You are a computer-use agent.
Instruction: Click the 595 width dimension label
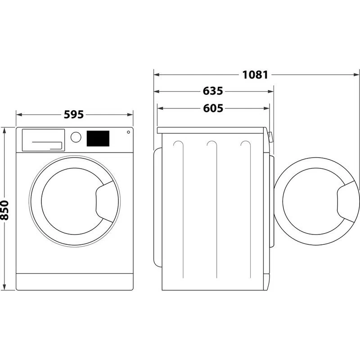pyautogui.click(x=74, y=115)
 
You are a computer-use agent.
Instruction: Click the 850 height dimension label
pyautogui.click(x=5, y=210)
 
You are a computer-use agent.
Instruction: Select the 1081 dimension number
pyautogui.click(x=255, y=75)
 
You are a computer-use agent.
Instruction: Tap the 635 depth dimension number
pyautogui.click(x=213, y=91)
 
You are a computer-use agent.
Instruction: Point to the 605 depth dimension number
pyautogui.click(x=213, y=108)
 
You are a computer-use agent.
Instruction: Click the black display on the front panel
pyautogui.click(x=98, y=138)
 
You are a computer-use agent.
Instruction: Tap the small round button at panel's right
pyautogui.click(x=128, y=132)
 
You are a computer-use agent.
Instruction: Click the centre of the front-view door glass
pyautogui.click(x=69, y=198)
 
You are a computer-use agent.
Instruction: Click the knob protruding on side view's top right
pyautogui.click(x=270, y=136)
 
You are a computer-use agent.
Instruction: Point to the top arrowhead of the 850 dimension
pyautogui.click(x=5, y=130)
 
